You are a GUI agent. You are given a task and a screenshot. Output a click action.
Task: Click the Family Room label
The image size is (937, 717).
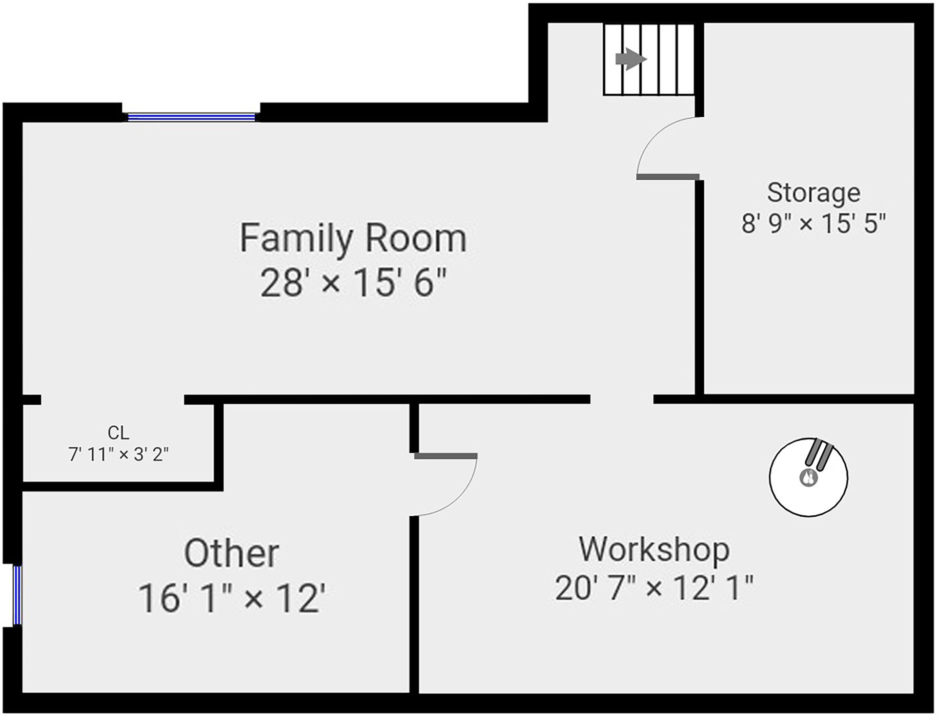(x=353, y=238)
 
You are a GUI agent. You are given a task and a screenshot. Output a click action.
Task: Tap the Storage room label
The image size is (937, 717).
(x=814, y=193)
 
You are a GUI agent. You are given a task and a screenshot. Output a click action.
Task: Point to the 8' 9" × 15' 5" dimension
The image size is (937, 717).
(x=814, y=224)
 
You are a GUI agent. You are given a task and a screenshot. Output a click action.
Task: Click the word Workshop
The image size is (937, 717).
(x=654, y=549)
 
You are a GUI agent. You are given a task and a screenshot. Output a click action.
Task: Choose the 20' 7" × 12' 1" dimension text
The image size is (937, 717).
(x=654, y=588)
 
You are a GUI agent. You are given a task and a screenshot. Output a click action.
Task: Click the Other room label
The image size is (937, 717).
(x=231, y=553)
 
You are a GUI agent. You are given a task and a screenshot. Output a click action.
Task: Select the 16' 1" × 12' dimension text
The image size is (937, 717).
(x=231, y=598)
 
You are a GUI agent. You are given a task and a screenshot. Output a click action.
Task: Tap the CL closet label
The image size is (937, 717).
(x=119, y=433)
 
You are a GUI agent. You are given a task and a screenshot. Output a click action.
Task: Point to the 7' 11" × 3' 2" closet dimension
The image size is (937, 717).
(x=119, y=455)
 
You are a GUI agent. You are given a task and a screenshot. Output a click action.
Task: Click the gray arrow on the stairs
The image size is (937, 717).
(x=631, y=60)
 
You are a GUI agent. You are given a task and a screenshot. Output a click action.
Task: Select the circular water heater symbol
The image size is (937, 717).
(x=808, y=477)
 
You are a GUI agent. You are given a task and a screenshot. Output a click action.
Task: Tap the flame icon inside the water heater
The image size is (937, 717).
(x=808, y=477)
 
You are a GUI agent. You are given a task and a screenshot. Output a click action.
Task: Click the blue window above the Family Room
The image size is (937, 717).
(x=191, y=117)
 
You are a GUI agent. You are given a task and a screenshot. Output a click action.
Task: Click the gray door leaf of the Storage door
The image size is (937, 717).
(x=668, y=177)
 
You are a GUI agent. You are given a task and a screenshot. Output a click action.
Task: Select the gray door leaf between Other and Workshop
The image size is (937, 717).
(x=446, y=456)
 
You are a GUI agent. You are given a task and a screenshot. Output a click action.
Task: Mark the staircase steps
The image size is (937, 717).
(x=649, y=59)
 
